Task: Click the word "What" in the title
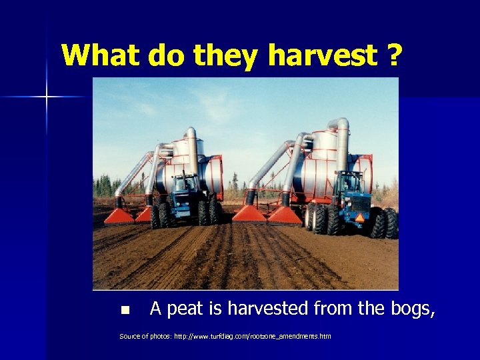pos(100,55)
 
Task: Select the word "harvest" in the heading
pos(322,55)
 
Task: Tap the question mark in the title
pos(394,55)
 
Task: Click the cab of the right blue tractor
pos(349,183)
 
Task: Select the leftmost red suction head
pos(119,215)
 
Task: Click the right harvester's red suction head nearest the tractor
pos(285,215)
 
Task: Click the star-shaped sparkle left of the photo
pos(47,97)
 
